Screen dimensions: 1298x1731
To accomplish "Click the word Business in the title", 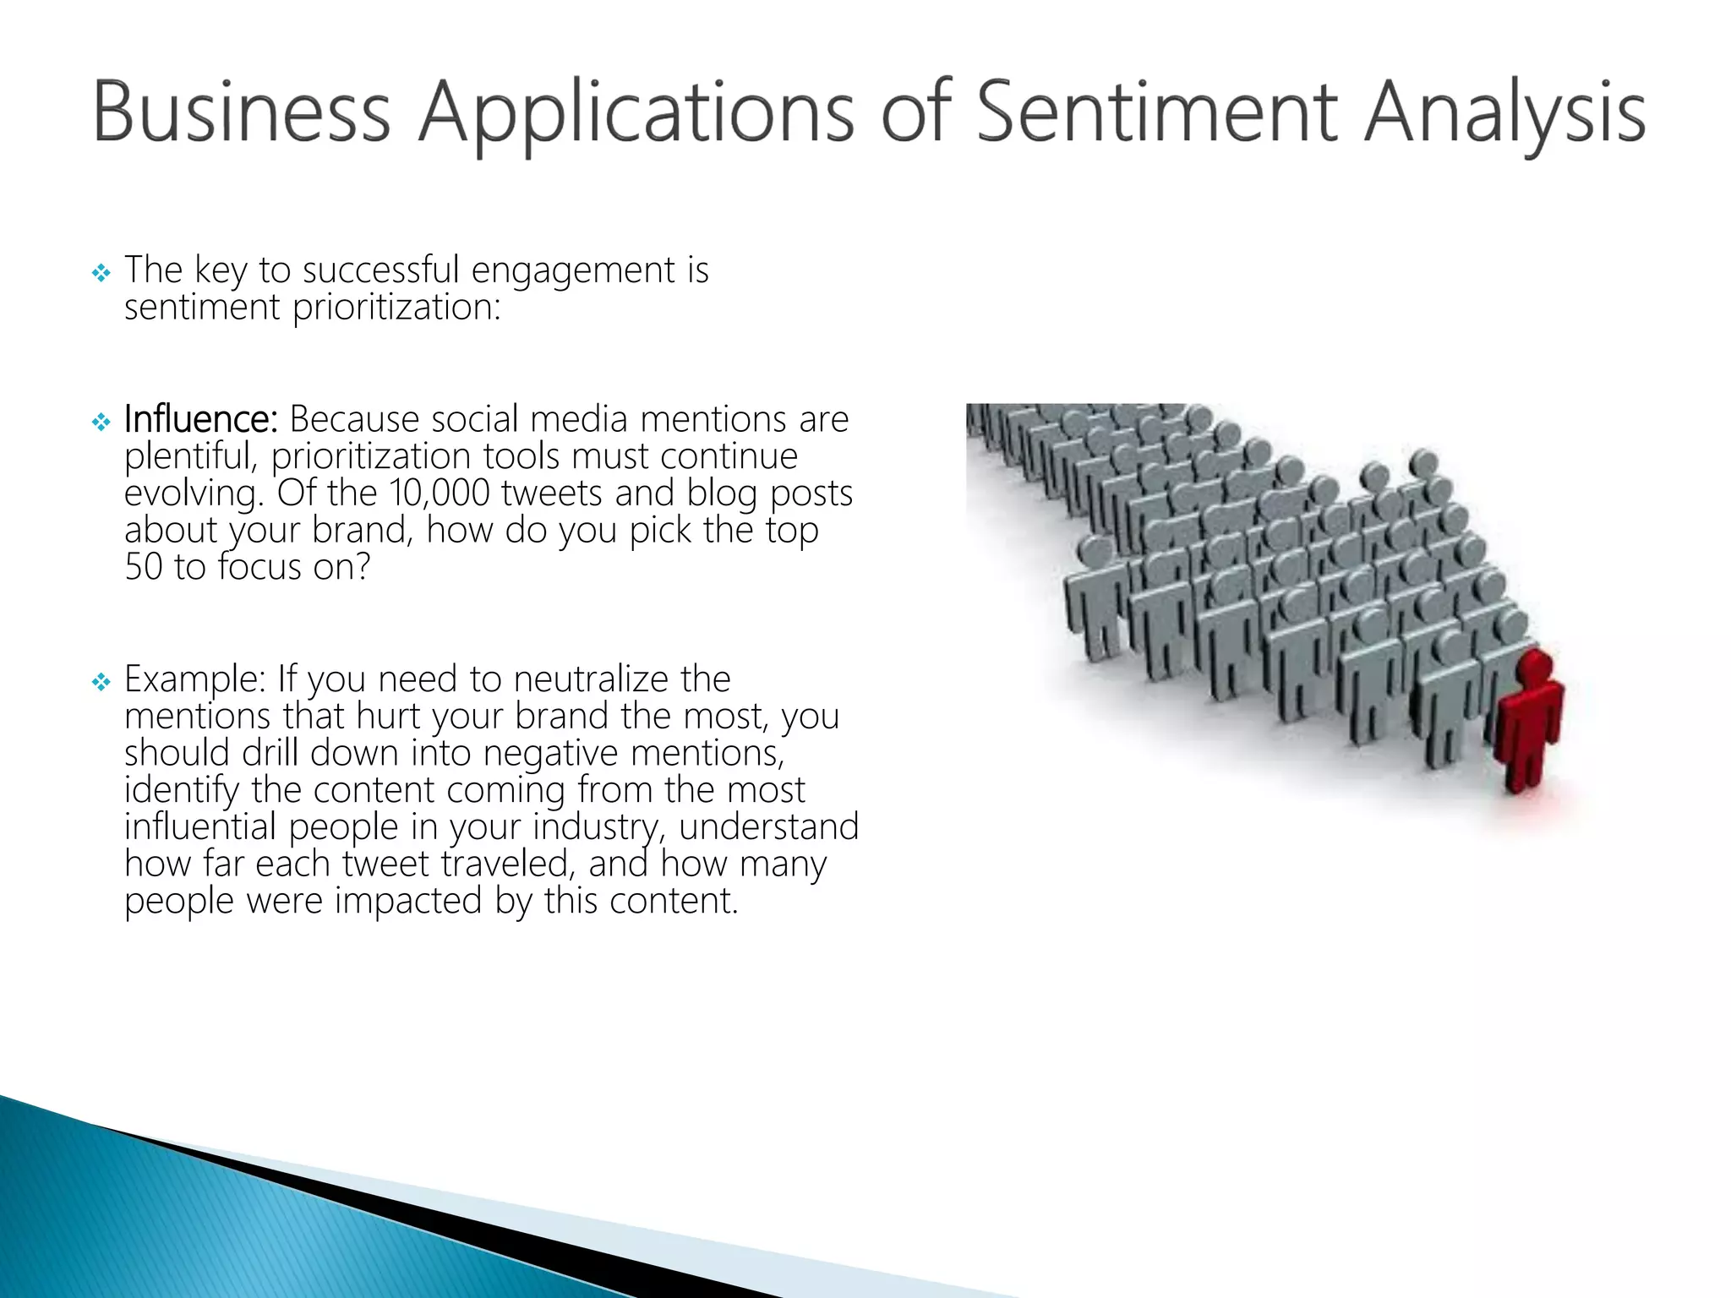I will [241, 112].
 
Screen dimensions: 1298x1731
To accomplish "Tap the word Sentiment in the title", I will [1157, 112].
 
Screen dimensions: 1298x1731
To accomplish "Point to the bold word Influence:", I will [200, 419].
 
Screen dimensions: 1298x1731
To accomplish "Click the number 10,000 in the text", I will [440, 493].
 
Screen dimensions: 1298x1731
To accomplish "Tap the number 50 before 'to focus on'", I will [143, 567].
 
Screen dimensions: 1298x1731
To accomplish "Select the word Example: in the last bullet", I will [195, 679].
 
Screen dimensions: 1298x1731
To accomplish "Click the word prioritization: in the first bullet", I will [396, 308].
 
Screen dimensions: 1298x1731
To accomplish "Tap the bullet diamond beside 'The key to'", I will [101, 273].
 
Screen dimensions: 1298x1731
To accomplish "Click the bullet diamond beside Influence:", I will [101, 421].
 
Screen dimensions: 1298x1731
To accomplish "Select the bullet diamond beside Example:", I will [101, 681].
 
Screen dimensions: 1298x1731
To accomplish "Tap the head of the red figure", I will [1533, 666].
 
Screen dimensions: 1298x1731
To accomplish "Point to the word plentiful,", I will [190, 456].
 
